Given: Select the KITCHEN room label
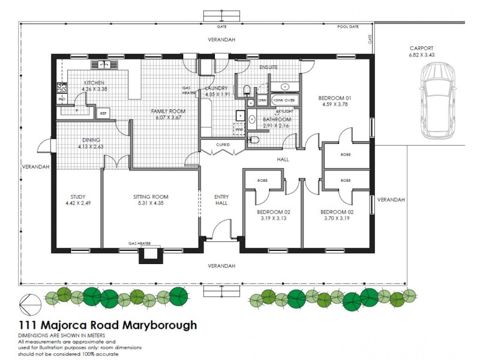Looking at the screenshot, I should coord(95,82).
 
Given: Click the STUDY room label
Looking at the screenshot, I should coord(78,196).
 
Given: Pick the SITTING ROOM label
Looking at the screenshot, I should coord(150,196).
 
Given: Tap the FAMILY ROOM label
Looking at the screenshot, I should coord(167,111).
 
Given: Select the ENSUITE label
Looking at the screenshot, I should coord(268,67).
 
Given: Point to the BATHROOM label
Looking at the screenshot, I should coord(276,119).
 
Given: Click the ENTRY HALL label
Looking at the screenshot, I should coord(221,200).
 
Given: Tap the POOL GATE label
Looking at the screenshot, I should coord(347,27).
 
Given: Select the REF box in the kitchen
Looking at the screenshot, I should coord(103,113).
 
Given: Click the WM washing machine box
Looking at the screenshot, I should coord(238,129).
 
